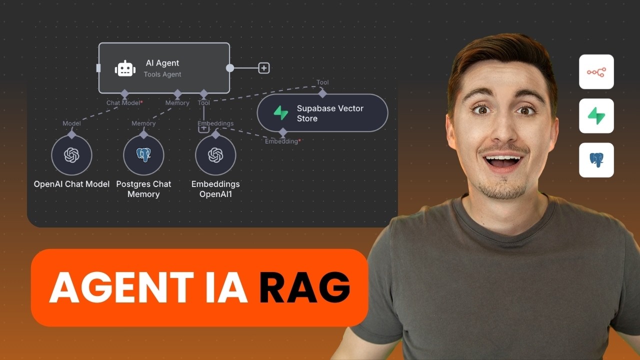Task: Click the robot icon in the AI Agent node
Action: coord(125,68)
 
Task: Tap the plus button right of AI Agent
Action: coord(263,68)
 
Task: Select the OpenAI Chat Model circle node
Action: coord(71,155)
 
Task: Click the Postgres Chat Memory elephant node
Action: coord(143,155)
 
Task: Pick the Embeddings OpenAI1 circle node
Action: coord(215,155)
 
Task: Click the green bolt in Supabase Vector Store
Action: coord(281,113)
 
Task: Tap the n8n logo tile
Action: coord(596,72)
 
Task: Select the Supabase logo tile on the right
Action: coord(596,116)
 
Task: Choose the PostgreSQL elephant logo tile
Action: coord(596,160)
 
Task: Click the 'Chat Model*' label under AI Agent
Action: coord(124,103)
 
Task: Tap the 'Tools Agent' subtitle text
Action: coord(162,74)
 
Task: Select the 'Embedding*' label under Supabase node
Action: coord(283,141)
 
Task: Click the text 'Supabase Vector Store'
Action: coord(330,113)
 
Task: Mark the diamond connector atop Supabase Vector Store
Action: coord(322,93)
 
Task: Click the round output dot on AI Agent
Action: coord(230,68)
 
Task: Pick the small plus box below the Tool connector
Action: coord(203,128)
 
